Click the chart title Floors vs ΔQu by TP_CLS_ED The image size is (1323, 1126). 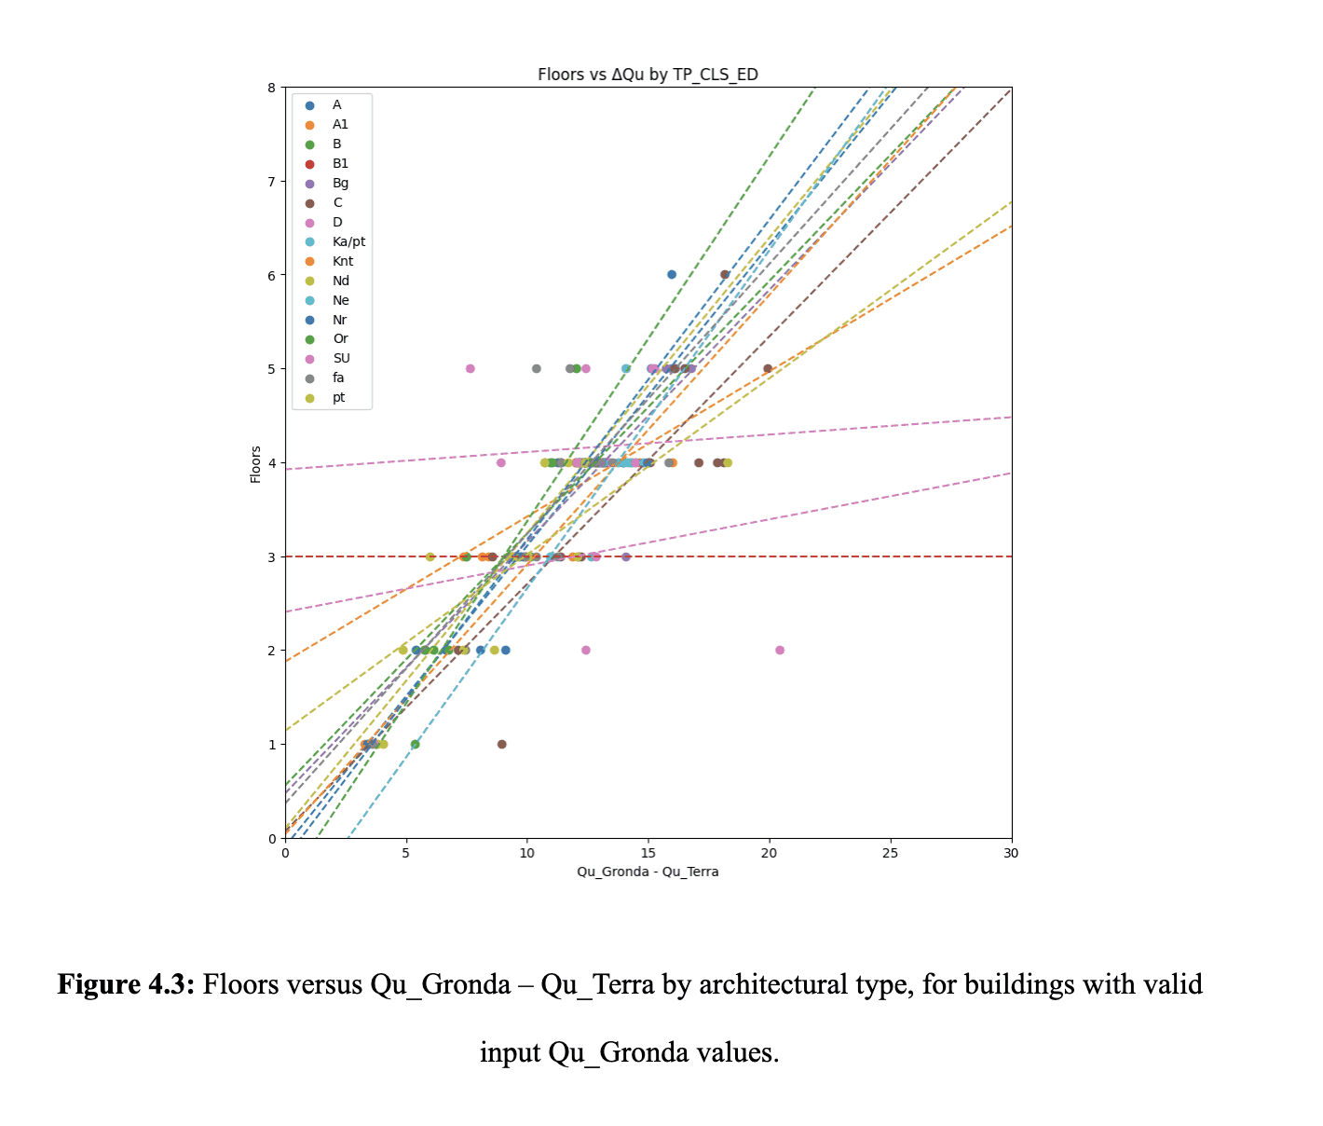coord(648,75)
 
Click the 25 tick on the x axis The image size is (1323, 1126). coord(890,853)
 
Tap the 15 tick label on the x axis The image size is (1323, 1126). coord(648,853)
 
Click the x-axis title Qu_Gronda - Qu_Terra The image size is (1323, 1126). coord(648,872)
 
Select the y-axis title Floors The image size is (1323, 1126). coord(255,464)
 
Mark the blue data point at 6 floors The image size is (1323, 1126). coord(672,274)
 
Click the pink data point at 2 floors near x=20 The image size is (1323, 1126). coord(780,650)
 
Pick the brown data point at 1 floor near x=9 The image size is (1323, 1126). coord(502,744)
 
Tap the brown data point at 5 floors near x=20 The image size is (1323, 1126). coord(768,368)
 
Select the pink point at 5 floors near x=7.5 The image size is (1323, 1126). coord(471,368)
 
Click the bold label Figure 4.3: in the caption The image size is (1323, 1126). coord(126,984)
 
